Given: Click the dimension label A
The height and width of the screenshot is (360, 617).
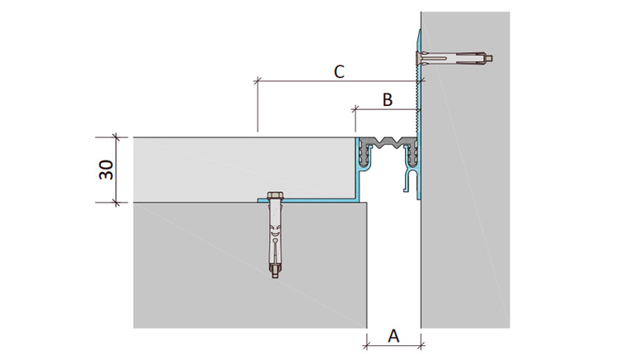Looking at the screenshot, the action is click(x=393, y=337).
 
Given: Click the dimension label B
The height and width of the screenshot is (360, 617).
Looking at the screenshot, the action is click(x=388, y=100).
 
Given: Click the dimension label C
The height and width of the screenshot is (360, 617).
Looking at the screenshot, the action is click(x=340, y=72).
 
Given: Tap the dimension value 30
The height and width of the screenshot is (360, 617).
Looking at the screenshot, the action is click(x=106, y=170).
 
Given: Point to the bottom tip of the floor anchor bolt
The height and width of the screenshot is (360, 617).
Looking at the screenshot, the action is click(x=274, y=277).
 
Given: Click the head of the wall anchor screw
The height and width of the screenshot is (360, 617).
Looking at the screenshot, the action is click(x=418, y=58).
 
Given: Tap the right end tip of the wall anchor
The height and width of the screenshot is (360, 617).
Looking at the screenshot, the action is click(x=491, y=59).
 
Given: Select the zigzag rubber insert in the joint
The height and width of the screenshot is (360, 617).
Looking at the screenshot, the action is click(x=386, y=142).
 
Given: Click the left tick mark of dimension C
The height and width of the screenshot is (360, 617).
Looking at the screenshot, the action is click(x=258, y=81).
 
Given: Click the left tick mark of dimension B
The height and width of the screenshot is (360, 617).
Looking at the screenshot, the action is click(x=355, y=109).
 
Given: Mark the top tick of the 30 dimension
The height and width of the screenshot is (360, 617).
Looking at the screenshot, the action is click(x=116, y=137).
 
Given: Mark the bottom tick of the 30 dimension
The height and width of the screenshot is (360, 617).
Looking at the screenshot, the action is click(x=116, y=203).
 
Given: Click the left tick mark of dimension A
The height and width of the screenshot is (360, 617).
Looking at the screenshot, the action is click(x=367, y=346).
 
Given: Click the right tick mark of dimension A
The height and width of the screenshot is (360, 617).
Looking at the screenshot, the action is click(x=422, y=346).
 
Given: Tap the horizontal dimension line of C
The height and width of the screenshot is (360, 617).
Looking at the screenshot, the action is click(x=340, y=81).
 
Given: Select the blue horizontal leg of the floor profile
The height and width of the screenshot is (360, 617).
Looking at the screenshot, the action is click(x=307, y=200).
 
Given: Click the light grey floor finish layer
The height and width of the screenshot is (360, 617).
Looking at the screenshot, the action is click(x=244, y=169).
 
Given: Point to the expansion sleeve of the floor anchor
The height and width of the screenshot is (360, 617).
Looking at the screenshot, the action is click(x=274, y=236).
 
